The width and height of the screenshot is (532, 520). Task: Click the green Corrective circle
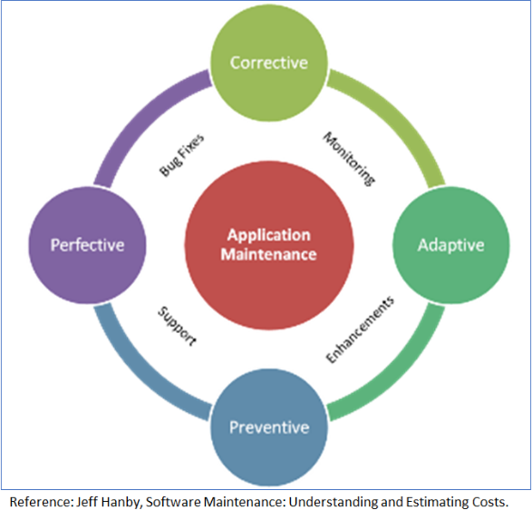(268, 63)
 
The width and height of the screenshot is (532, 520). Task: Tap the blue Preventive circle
(268, 427)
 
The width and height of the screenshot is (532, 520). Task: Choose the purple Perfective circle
(87, 245)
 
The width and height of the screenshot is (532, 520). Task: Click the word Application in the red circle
(268, 235)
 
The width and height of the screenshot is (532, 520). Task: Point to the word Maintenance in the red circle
(268, 254)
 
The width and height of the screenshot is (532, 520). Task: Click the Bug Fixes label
(182, 156)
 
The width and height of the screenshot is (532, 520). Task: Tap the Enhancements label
(360, 329)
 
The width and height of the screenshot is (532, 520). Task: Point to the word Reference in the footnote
(41, 502)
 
